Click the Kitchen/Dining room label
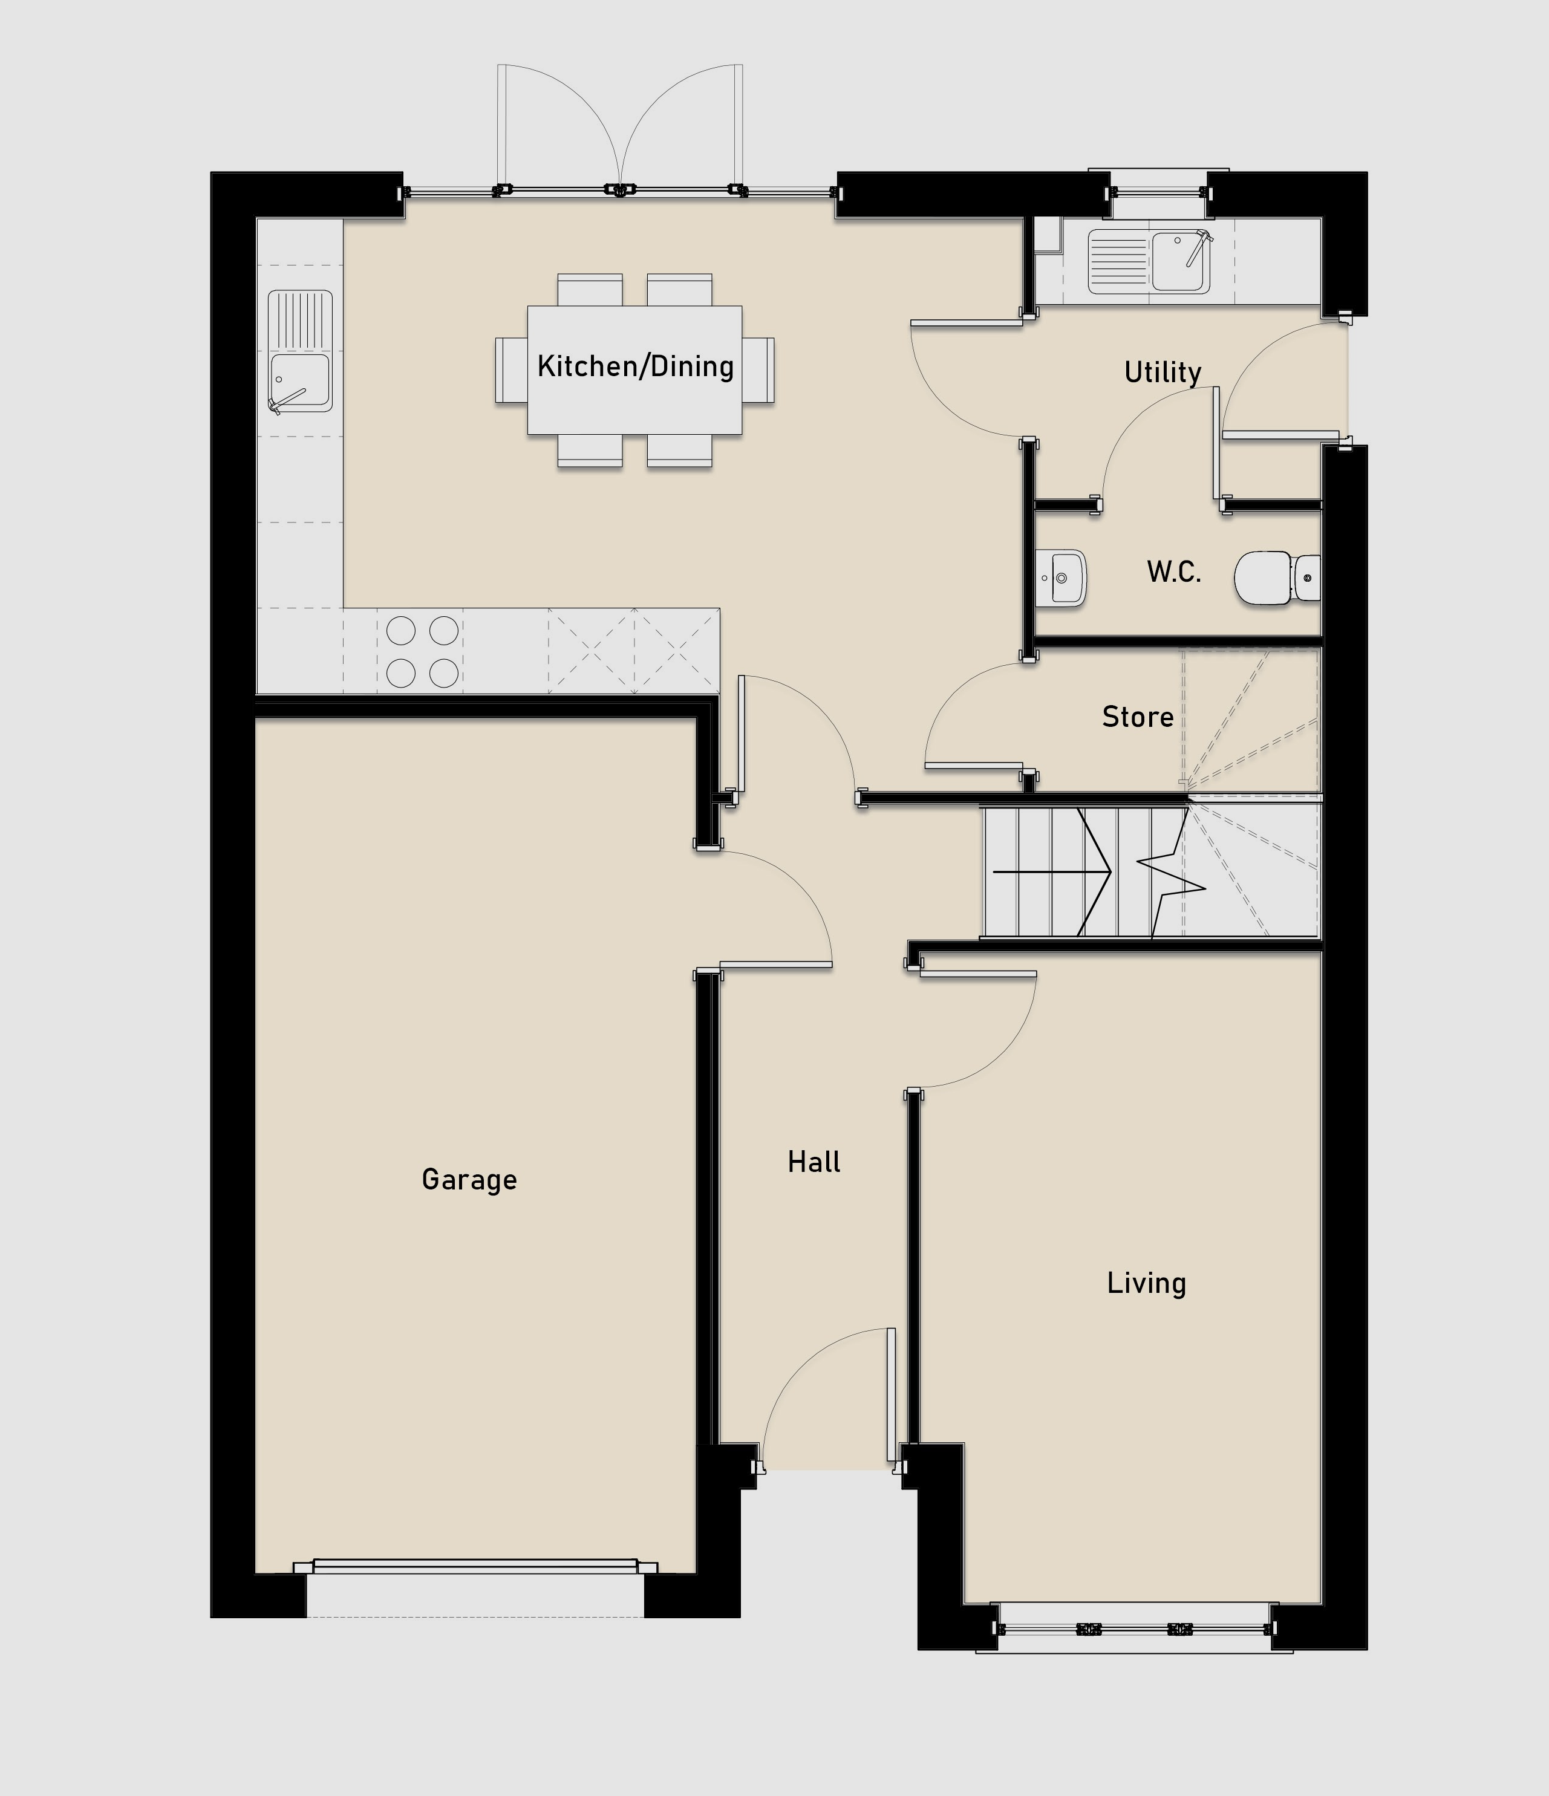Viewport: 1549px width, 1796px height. pyautogui.click(x=635, y=366)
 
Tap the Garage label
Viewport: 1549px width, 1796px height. pyautogui.click(x=469, y=1180)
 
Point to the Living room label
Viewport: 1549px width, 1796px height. pyautogui.click(x=1146, y=1283)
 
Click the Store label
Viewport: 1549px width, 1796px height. pyautogui.click(x=1137, y=717)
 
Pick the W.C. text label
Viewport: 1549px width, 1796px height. pyautogui.click(x=1173, y=572)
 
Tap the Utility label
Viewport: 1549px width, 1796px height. pyautogui.click(x=1163, y=373)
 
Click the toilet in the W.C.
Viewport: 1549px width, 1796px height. pyautogui.click(x=1277, y=578)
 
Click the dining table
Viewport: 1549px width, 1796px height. pyautogui.click(x=634, y=369)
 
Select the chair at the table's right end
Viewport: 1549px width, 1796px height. pyautogui.click(x=758, y=370)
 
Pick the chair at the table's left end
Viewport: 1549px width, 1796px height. pyautogui.click(x=512, y=370)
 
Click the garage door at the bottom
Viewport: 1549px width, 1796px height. pyautogui.click(x=475, y=1566)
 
